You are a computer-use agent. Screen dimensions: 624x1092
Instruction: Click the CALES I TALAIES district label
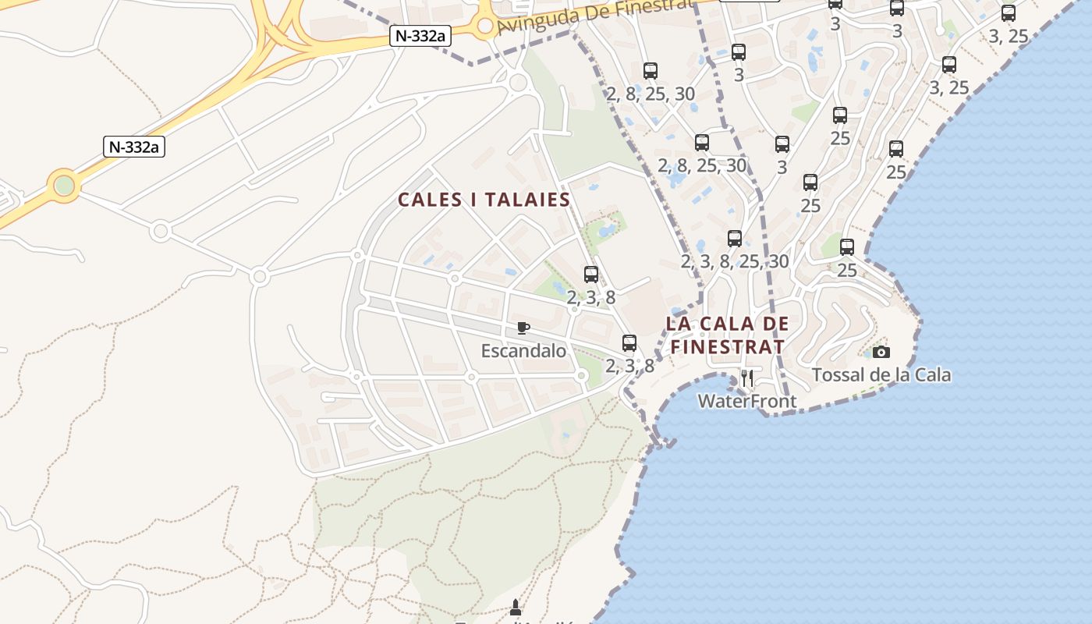click(x=484, y=200)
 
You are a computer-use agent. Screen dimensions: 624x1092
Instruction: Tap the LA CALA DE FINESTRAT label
click(x=727, y=335)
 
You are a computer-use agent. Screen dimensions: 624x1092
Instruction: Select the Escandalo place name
click(x=523, y=351)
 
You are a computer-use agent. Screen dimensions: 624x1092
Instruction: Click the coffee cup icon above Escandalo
click(x=523, y=327)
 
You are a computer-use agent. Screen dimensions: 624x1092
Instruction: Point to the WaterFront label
click(x=746, y=401)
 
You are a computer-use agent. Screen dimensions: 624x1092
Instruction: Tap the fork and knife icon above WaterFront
click(x=747, y=378)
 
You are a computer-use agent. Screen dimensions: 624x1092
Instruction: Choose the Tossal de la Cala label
click(x=881, y=375)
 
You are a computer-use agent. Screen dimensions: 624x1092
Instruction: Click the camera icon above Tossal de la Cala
click(x=881, y=352)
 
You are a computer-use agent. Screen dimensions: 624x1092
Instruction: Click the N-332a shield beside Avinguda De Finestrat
click(x=420, y=35)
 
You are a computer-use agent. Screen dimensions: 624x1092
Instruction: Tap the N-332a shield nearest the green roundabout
click(x=134, y=147)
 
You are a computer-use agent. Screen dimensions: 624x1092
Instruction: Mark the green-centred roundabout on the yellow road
click(x=64, y=186)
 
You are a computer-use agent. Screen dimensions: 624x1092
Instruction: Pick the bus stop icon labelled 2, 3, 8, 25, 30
click(x=735, y=239)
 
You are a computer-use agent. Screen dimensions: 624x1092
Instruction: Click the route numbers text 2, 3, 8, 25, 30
click(x=735, y=261)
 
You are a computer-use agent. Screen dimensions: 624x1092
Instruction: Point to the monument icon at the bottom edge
click(x=515, y=606)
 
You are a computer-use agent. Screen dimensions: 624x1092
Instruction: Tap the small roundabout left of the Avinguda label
click(x=485, y=26)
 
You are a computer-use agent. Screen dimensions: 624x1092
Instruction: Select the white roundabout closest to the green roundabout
click(x=161, y=231)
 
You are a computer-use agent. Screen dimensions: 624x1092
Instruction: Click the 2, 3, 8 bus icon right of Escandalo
click(x=629, y=342)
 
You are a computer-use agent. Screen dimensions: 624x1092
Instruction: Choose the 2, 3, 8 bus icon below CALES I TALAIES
click(x=591, y=275)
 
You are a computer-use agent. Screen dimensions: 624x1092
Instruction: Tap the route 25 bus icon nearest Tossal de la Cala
click(x=847, y=247)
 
